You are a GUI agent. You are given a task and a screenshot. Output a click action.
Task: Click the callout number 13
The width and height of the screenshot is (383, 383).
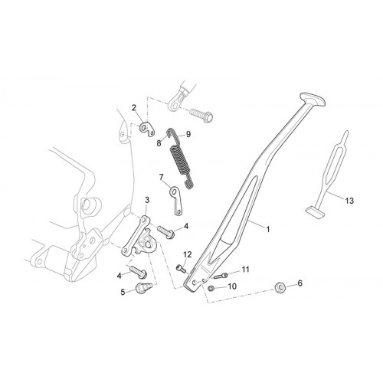coord(349,201)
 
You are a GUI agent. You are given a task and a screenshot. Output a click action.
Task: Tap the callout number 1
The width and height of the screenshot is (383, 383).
coord(268,229)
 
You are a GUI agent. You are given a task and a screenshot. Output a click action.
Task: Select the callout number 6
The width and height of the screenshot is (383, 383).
coord(300,283)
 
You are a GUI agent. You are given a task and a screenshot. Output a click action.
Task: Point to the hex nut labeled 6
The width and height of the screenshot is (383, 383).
coord(280,288)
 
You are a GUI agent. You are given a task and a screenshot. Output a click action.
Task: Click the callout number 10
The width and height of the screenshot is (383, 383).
coord(232,286)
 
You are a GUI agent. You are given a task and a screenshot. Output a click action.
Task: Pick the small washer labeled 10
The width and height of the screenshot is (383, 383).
coord(211,288)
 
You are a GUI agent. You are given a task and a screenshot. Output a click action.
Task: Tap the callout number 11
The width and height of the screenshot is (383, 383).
coord(245,270)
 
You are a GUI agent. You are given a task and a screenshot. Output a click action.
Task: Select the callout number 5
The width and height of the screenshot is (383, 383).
coord(123,292)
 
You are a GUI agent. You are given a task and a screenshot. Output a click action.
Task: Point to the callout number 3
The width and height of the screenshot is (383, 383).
coord(147,200)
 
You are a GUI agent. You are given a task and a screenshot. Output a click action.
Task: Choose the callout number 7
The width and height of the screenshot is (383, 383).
coord(161,177)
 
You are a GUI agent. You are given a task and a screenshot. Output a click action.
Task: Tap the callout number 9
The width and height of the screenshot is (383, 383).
coord(188,134)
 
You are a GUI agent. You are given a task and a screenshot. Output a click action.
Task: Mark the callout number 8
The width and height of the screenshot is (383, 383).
coord(159,143)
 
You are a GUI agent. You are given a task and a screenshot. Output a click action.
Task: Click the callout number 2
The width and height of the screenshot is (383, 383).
coord(134,108)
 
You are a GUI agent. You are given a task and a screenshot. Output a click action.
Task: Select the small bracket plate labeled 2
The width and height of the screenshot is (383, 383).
coord(147,129)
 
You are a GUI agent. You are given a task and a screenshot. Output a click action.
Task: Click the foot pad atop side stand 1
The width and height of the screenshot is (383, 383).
coord(313,100)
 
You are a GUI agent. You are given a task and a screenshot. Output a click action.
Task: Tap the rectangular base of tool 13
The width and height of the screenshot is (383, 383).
coord(315,212)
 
